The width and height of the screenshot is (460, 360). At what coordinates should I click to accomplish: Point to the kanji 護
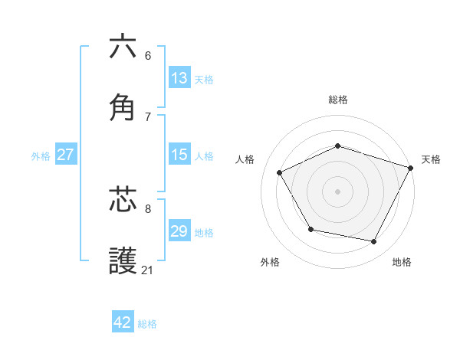[x=123, y=261]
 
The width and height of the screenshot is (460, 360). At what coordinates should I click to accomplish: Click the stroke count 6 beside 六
[x=147, y=55]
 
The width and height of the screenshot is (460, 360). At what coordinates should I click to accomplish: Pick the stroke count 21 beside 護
[x=147, y=270]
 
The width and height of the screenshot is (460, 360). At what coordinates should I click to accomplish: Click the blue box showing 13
[x=179, y=77]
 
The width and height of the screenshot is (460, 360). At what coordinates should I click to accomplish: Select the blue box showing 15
[x=179, y=155]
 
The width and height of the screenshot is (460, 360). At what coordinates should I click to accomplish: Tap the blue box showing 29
[x=179, y=231]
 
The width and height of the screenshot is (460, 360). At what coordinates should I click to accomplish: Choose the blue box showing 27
[x=65, y=155]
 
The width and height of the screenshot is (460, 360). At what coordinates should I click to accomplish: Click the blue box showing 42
[x=123, y=322]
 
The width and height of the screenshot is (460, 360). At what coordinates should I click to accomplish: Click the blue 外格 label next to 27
[x=41, y=155]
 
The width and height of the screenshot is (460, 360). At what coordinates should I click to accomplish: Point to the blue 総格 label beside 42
[x=147, y=323]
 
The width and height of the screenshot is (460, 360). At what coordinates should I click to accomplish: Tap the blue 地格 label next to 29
[x=204, y=232]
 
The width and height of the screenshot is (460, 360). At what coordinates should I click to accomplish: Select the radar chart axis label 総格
[x=337, y=100]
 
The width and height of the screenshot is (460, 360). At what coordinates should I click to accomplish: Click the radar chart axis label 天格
[x=431, y=159]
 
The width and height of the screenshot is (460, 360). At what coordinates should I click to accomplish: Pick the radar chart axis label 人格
[x=245, y=159]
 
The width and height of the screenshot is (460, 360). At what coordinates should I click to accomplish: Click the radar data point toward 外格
[x=310, y=229]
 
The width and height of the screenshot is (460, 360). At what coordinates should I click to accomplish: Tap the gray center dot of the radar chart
[x=337, y=191]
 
